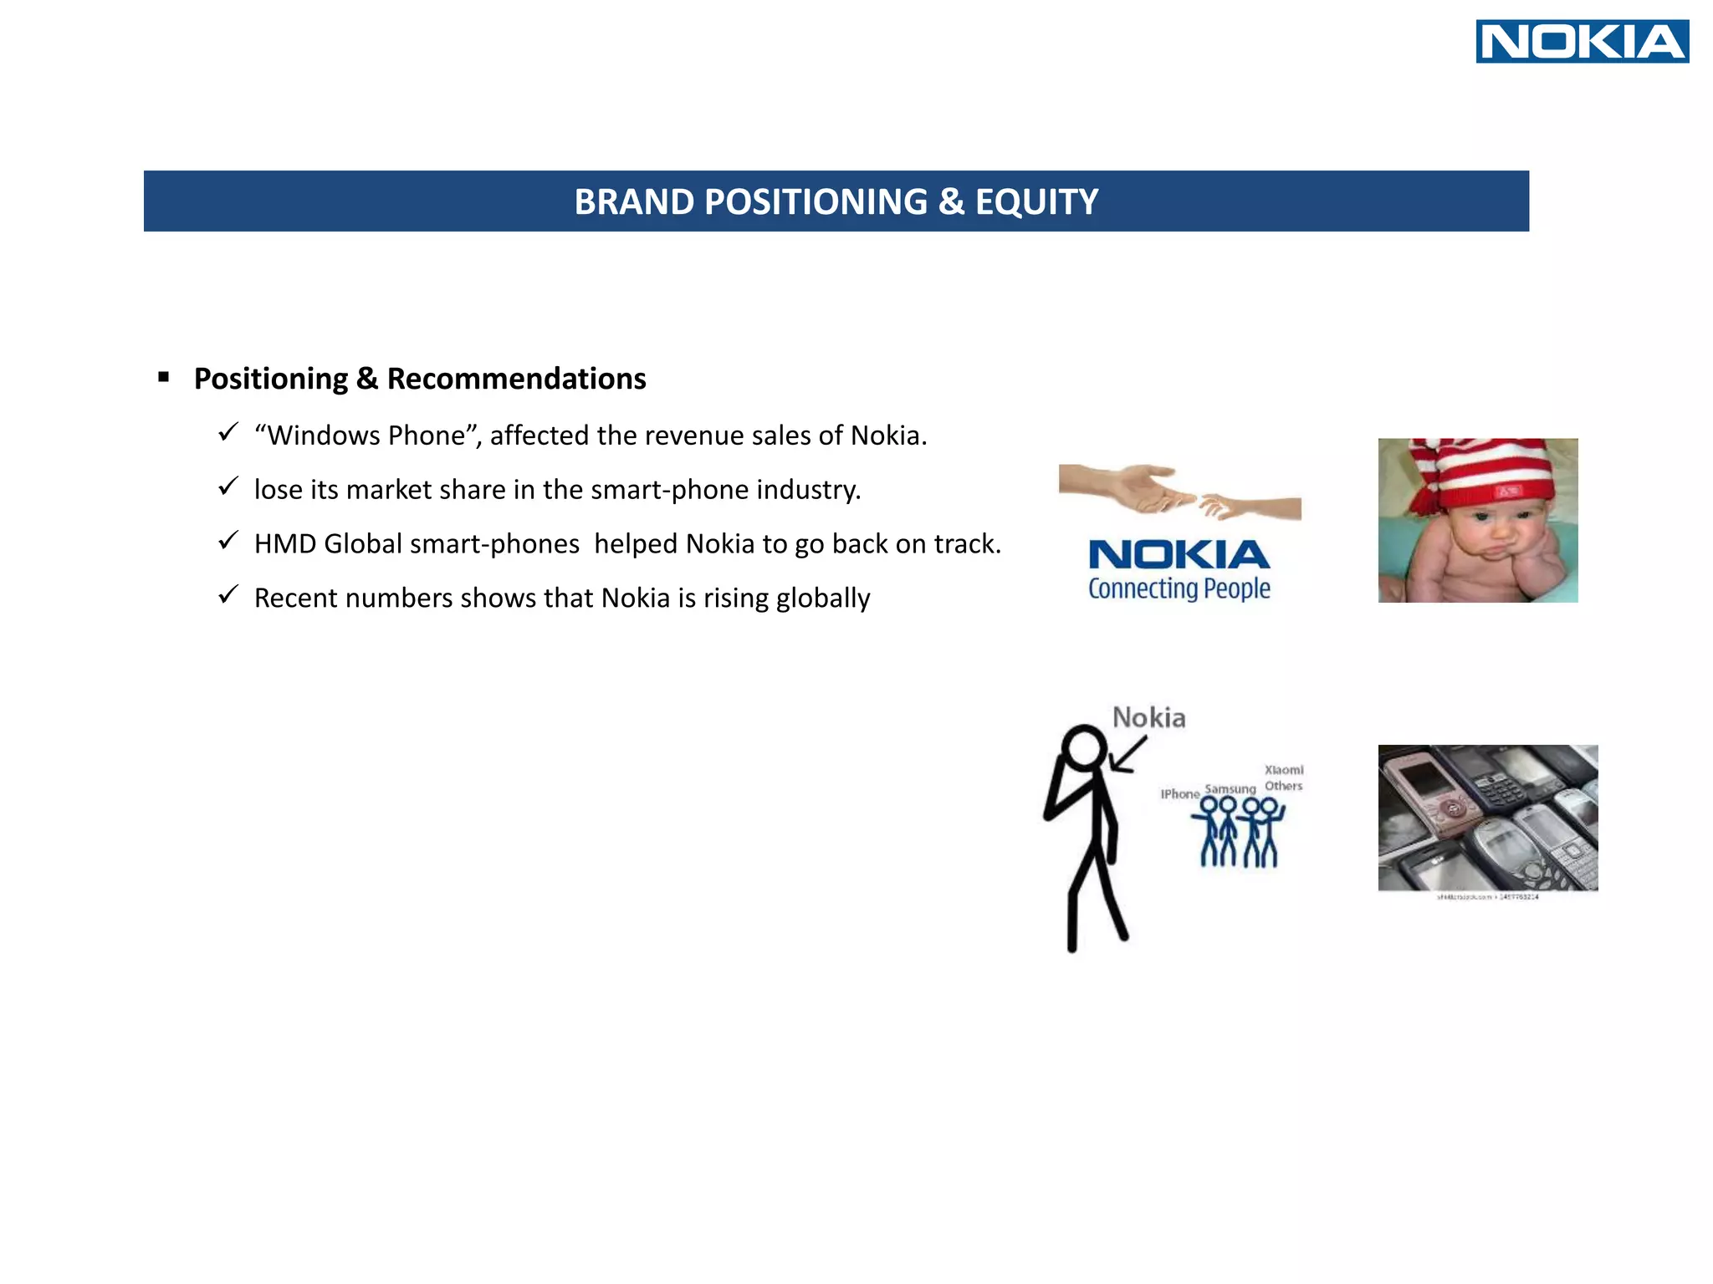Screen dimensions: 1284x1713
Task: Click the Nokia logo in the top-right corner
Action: pyautogui.click(x=1582, y=42)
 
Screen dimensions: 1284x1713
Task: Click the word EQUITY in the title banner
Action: pyautogui.click(x=1036, y=202)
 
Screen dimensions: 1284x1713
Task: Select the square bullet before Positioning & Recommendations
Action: pyautogui.click(x=164, y=377)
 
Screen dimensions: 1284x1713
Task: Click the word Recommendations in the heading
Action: pyautogui.click(x=516, y=379)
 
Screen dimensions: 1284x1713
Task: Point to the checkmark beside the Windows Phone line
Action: pyautogui.click(x=228, y=432)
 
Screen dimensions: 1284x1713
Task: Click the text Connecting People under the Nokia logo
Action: pyautogui.click(x=1179, y=588)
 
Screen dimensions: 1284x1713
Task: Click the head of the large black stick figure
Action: pyautogui.click(x=1085, y=746)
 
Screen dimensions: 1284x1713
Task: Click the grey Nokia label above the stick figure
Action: pyautogui.click(x=1148, y=717)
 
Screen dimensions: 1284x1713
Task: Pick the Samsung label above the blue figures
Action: pyautogui.click(x=1230, y=788)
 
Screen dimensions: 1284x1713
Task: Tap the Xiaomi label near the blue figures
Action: pyautogui.click(x=1283, y=769)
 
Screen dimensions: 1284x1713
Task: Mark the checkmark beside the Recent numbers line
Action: pyautogui.click(x=228, y=595)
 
